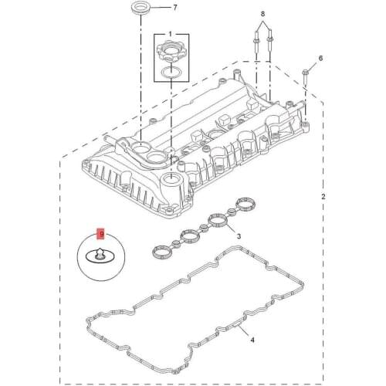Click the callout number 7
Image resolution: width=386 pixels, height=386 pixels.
tap(175, 8)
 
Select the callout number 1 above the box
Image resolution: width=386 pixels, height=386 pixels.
tap(170, 34)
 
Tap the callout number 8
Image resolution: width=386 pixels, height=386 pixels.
tap(262, 14)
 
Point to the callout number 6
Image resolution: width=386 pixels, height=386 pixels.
tap(320, 58)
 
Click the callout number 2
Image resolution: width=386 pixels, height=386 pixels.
tap(323, 197)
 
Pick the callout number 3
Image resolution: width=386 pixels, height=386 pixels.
tap(239, 235)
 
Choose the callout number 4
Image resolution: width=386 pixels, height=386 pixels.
tap(252, 340)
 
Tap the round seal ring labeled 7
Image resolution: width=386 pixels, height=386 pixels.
tap(141, 8)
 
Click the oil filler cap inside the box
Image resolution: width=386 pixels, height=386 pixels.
tap(169, 52)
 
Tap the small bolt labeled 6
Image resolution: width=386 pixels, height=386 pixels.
tap(305, 76)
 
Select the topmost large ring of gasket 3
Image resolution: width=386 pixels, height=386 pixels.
tap(246, 205)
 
